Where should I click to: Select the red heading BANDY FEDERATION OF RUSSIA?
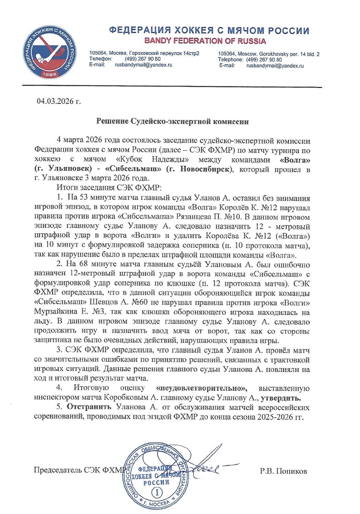click(x=205, y=41)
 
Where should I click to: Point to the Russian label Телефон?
click(x=101, y=59)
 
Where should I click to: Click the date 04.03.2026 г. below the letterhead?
click(x=58, y=101)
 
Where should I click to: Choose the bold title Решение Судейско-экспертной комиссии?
click(x=173, y=122)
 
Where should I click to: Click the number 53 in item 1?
click(x=84, y=198)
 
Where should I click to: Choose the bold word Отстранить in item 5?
click(x=89, y=407)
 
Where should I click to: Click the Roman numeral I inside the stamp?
click(x=157, y=493)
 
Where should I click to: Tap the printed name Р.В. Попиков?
click(x=283, y=471)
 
